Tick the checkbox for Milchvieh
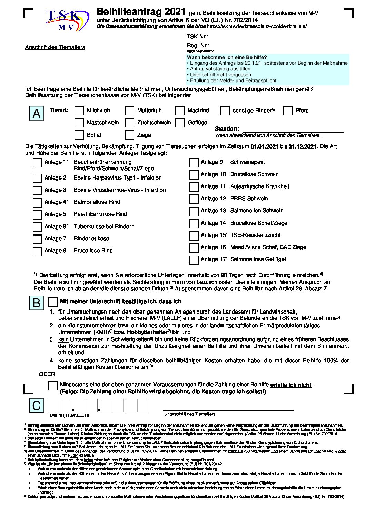pyautogui.click(x=79, y=111)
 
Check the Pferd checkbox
pyautogui.click(x=288, y=111)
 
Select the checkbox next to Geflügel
pyautogui.click(x=180, y=123)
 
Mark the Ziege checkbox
pyautogui.click(x=130, y=135)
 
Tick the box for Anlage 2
pyautogui.click(x=37, y=178)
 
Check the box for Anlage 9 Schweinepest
pyautogui.click(x=194, y=162)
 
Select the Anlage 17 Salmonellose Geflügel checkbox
pyautogui.click(x=194, y=260)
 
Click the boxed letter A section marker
pyautogui.click(x=37, y=113)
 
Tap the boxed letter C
pyautogui.click(x=37, y=405)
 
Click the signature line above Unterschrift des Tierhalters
pyautogui.click(x=228, y=410)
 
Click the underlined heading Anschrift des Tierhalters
pyautogui.click(x=55, y=47)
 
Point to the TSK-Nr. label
pyautogui.click(x=198, y=37)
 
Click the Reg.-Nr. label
pyautogui.click(x=198, y=45)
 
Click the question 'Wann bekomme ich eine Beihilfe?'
pyautogui.click(x=227, y=57)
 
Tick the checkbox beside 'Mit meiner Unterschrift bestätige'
pyautogui.click(x=53, y=302)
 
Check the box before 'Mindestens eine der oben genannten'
pyautogui.click(x=53, y=385)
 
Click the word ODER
pyautogui.click(x=47, y=374)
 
